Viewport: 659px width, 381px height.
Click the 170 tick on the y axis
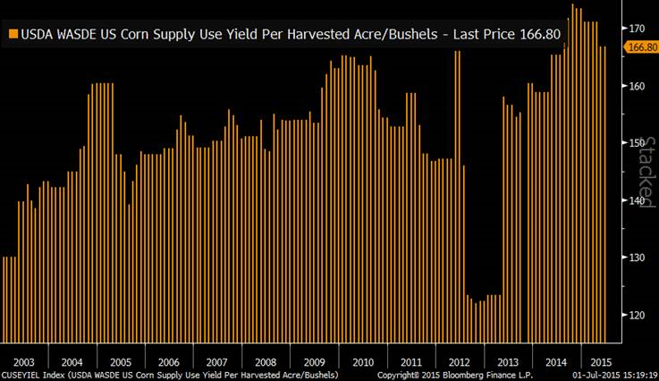click(637, 29)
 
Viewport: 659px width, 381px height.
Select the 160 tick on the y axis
click(637, 86)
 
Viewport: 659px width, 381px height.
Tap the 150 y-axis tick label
click(637, 143)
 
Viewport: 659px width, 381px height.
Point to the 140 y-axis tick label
click(637, 200)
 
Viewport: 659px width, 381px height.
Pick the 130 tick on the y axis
click(637, 258)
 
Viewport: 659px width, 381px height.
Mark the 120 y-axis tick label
click(637, 315)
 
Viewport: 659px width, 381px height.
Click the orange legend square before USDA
click(13, 34)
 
